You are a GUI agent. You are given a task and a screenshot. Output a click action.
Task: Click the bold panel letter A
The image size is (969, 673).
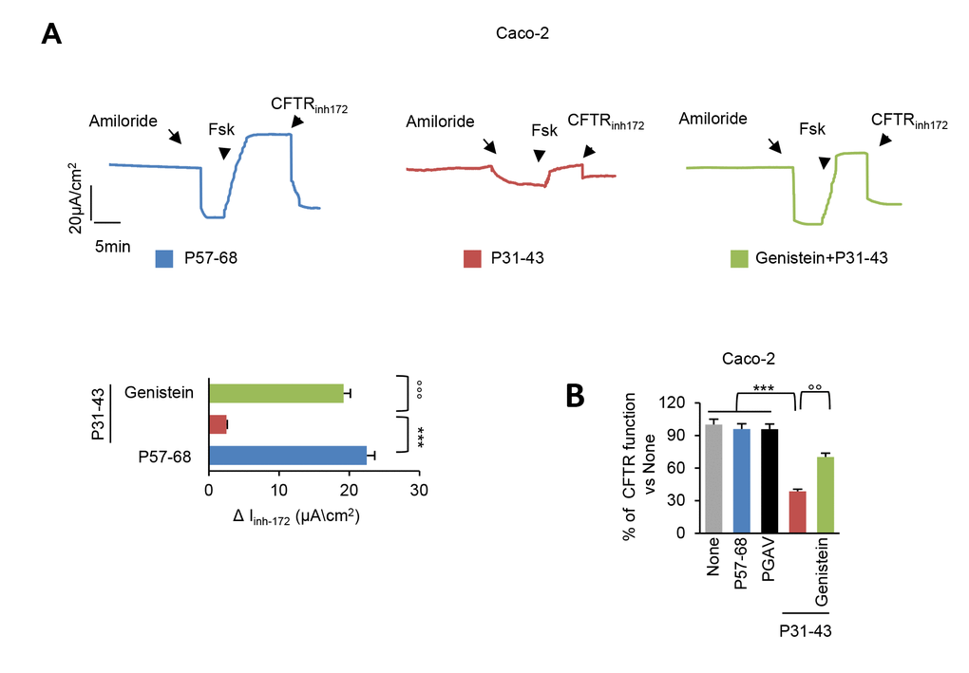point(54,36)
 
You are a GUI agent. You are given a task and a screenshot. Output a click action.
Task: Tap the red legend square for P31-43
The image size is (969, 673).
point(472,257)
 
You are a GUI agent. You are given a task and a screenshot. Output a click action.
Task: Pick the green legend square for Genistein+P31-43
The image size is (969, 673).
point(740,257)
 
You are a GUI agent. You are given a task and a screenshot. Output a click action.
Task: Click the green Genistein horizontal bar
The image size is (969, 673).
point(275,393)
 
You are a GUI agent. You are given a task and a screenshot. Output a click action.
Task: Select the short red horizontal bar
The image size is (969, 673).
point(218,424)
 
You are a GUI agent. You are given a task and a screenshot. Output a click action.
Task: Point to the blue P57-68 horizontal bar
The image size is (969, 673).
point(287,456)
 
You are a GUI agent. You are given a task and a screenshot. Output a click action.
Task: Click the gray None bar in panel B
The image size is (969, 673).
point(712,478)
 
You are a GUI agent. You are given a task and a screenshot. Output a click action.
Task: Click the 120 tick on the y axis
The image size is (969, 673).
point(672,402)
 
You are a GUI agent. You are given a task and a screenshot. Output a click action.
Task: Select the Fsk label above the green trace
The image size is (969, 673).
point(812,127)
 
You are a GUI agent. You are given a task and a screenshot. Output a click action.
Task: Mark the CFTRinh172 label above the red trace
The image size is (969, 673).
point(605,121)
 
